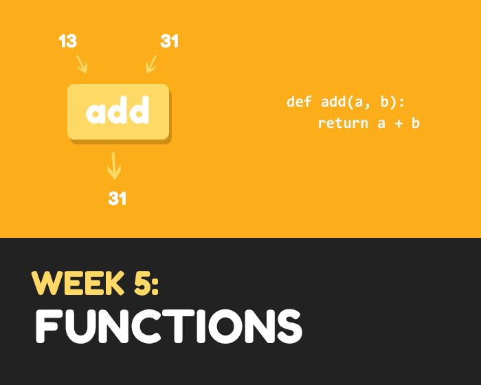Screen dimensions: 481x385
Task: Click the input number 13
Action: pyautogui.click(x=67, y=41)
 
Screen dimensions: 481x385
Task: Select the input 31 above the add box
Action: pyautogui.click(x=169, y=41)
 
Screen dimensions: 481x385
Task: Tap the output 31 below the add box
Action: pyautogui.click(x=118, y=198)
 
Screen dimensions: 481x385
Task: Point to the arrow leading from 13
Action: pyautogui.click(x=82, y=64)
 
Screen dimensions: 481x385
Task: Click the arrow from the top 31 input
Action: pyautogui.click(x=151, y=64)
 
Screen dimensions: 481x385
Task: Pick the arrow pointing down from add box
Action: pyautogui.click(x=114, y=166)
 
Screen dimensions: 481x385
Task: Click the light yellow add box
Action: pyautogui.click(x=118, y=112)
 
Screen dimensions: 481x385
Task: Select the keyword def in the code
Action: pyautogui.click(x=299, y=101)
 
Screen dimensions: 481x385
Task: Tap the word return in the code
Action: pyautogui.click(x=343, y=124)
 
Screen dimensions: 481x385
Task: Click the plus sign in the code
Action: pyautogui.click(x=399, y=124)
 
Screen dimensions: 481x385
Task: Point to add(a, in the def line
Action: pyautogui.click(x=346, y=102)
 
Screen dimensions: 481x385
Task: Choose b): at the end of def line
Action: pyautogui.click(x=392, y=102)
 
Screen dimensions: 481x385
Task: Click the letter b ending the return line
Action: pyautogui.click(x=415, y=123)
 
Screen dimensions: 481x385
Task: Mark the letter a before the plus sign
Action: pyautogui.click(x=381, y=124)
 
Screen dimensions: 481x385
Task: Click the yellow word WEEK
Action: pyautogui.click(x=78, y=283)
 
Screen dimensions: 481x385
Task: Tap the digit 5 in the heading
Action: pyautogui.click(x=142, y=283)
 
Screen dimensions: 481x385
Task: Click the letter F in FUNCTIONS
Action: pyautogui.click(x=47, y=326)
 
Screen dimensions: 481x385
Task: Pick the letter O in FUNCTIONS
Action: pyautogui.click(x=225, y=326)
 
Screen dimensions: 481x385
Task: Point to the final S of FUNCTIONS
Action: pyautogui.click(x=289, y=326)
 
